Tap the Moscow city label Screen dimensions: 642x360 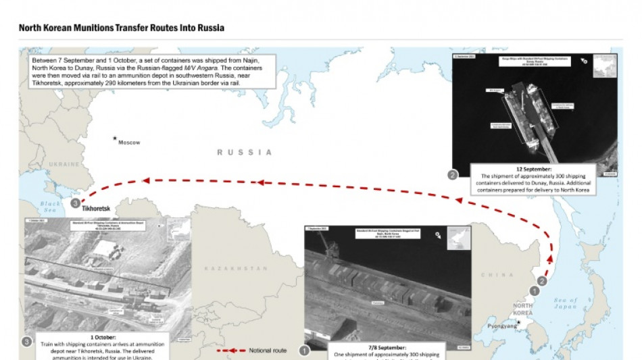(x=129, y=143)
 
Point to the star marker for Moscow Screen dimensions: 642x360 (x=116, y=138)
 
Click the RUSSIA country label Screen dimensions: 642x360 (x=245, y=153)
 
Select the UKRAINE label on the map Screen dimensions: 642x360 (x=64, y=164)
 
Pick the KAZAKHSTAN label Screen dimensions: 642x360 (x=232, y=268)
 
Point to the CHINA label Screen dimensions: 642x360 (x=497, y=275)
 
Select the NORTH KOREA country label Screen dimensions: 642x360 (x=522, y=309)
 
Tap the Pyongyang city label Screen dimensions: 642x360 (x=501, y=326)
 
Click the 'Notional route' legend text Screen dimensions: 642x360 (x=268, y=351)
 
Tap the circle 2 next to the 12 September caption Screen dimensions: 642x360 (x=453, y=175)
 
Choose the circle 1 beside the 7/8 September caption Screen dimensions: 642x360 (x=305, y=351)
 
